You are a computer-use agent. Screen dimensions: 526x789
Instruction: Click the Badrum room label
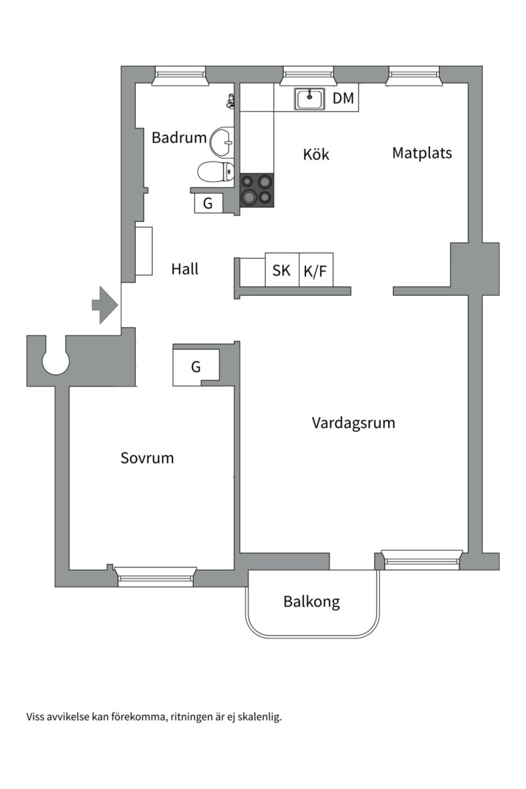(x=179, y=137)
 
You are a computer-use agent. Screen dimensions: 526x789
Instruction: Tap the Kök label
(x=316, y=153)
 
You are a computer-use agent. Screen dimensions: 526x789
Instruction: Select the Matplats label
(x=422, y=153)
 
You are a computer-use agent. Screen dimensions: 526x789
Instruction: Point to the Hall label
(x=185, y=269)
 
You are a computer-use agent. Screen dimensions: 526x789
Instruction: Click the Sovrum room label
(x=147, y=458)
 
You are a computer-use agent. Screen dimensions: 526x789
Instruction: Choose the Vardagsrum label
(x=354, y=423)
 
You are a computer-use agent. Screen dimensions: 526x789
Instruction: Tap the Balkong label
(x=311, y=601)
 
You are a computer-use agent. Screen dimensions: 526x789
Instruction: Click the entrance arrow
(x=104, y=305)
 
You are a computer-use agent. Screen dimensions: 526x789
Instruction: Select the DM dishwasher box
(x=343, y=98)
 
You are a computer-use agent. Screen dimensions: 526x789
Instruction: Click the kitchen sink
(x=309, y=99)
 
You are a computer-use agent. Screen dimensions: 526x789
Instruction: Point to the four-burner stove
(x=256, y=190)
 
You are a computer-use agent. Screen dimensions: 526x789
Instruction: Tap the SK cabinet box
(x=282, y=270)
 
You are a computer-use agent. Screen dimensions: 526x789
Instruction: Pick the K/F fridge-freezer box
(x=316, y=270)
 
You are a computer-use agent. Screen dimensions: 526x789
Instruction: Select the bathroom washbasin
(x=222, y=142)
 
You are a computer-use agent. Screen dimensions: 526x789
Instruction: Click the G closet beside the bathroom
(x=208, y=203)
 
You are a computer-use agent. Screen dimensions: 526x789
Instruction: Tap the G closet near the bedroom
(x=196, y=367)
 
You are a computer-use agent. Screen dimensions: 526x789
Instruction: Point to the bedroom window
(x=155, y=576)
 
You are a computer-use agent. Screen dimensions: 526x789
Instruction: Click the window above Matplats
(x=413, y=76)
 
